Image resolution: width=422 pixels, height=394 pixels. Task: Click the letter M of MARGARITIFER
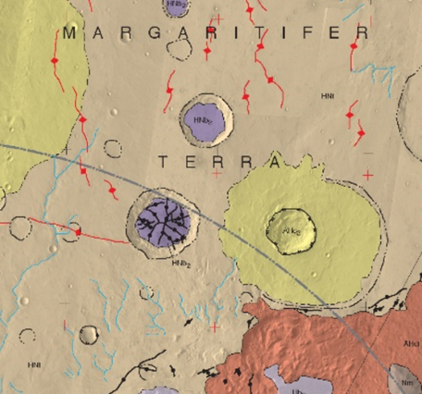[69, 33]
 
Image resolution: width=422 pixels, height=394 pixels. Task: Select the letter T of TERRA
[164, 161]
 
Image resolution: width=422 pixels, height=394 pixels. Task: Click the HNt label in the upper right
[327, 95]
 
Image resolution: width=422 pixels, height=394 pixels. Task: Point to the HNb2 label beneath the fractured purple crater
[180, 262]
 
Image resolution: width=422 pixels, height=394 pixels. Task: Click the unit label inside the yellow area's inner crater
[291, 230]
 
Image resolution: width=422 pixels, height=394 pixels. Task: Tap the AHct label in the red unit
[408, 342]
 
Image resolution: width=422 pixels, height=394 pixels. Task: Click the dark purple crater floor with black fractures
[163, 220]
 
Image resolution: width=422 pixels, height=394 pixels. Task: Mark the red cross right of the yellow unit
[366, 175]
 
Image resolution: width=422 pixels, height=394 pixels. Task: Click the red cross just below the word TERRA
[216, 174]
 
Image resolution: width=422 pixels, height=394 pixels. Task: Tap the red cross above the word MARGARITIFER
[218, 18]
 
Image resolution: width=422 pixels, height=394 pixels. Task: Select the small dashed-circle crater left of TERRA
[112, 148]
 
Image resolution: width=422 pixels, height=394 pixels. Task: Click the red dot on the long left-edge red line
[78, 231]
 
